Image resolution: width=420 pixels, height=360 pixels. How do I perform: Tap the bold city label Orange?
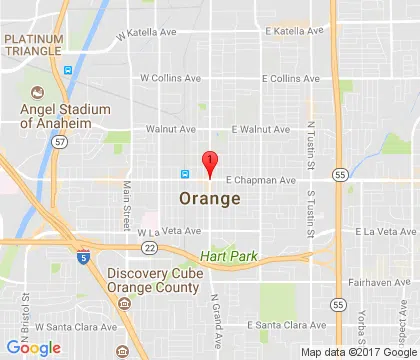209,199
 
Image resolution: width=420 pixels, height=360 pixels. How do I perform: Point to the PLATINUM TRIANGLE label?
35,44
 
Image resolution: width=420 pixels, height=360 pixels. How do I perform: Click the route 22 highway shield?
149,247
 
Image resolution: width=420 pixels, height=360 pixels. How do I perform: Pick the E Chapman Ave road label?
261,181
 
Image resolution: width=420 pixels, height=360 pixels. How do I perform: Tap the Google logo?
33,347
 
